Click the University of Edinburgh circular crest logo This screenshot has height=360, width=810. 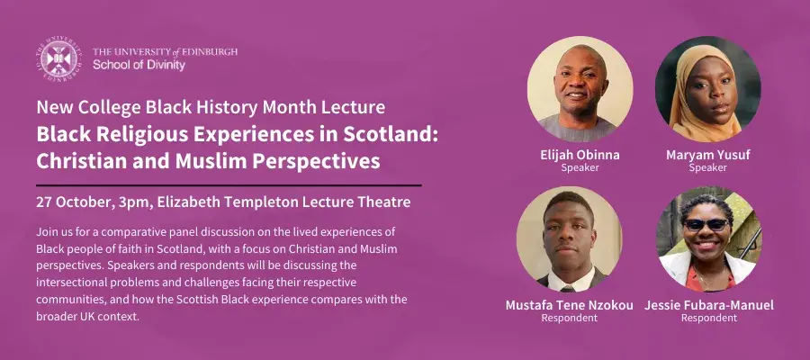coord(59,58)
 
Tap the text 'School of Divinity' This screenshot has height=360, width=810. coord(139,65)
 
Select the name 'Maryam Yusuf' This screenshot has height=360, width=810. coord(707,155)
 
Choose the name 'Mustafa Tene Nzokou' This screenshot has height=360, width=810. coord(570,305)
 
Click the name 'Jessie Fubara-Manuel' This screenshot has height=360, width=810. coord(709,305)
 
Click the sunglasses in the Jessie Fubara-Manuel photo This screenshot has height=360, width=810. coord(706,224)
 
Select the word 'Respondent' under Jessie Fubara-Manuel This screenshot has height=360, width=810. coord(709,319)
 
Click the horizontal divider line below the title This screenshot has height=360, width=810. coord(229,184)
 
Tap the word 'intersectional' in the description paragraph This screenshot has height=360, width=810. coord(66,283)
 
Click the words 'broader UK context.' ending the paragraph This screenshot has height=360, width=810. coord(88,317)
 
